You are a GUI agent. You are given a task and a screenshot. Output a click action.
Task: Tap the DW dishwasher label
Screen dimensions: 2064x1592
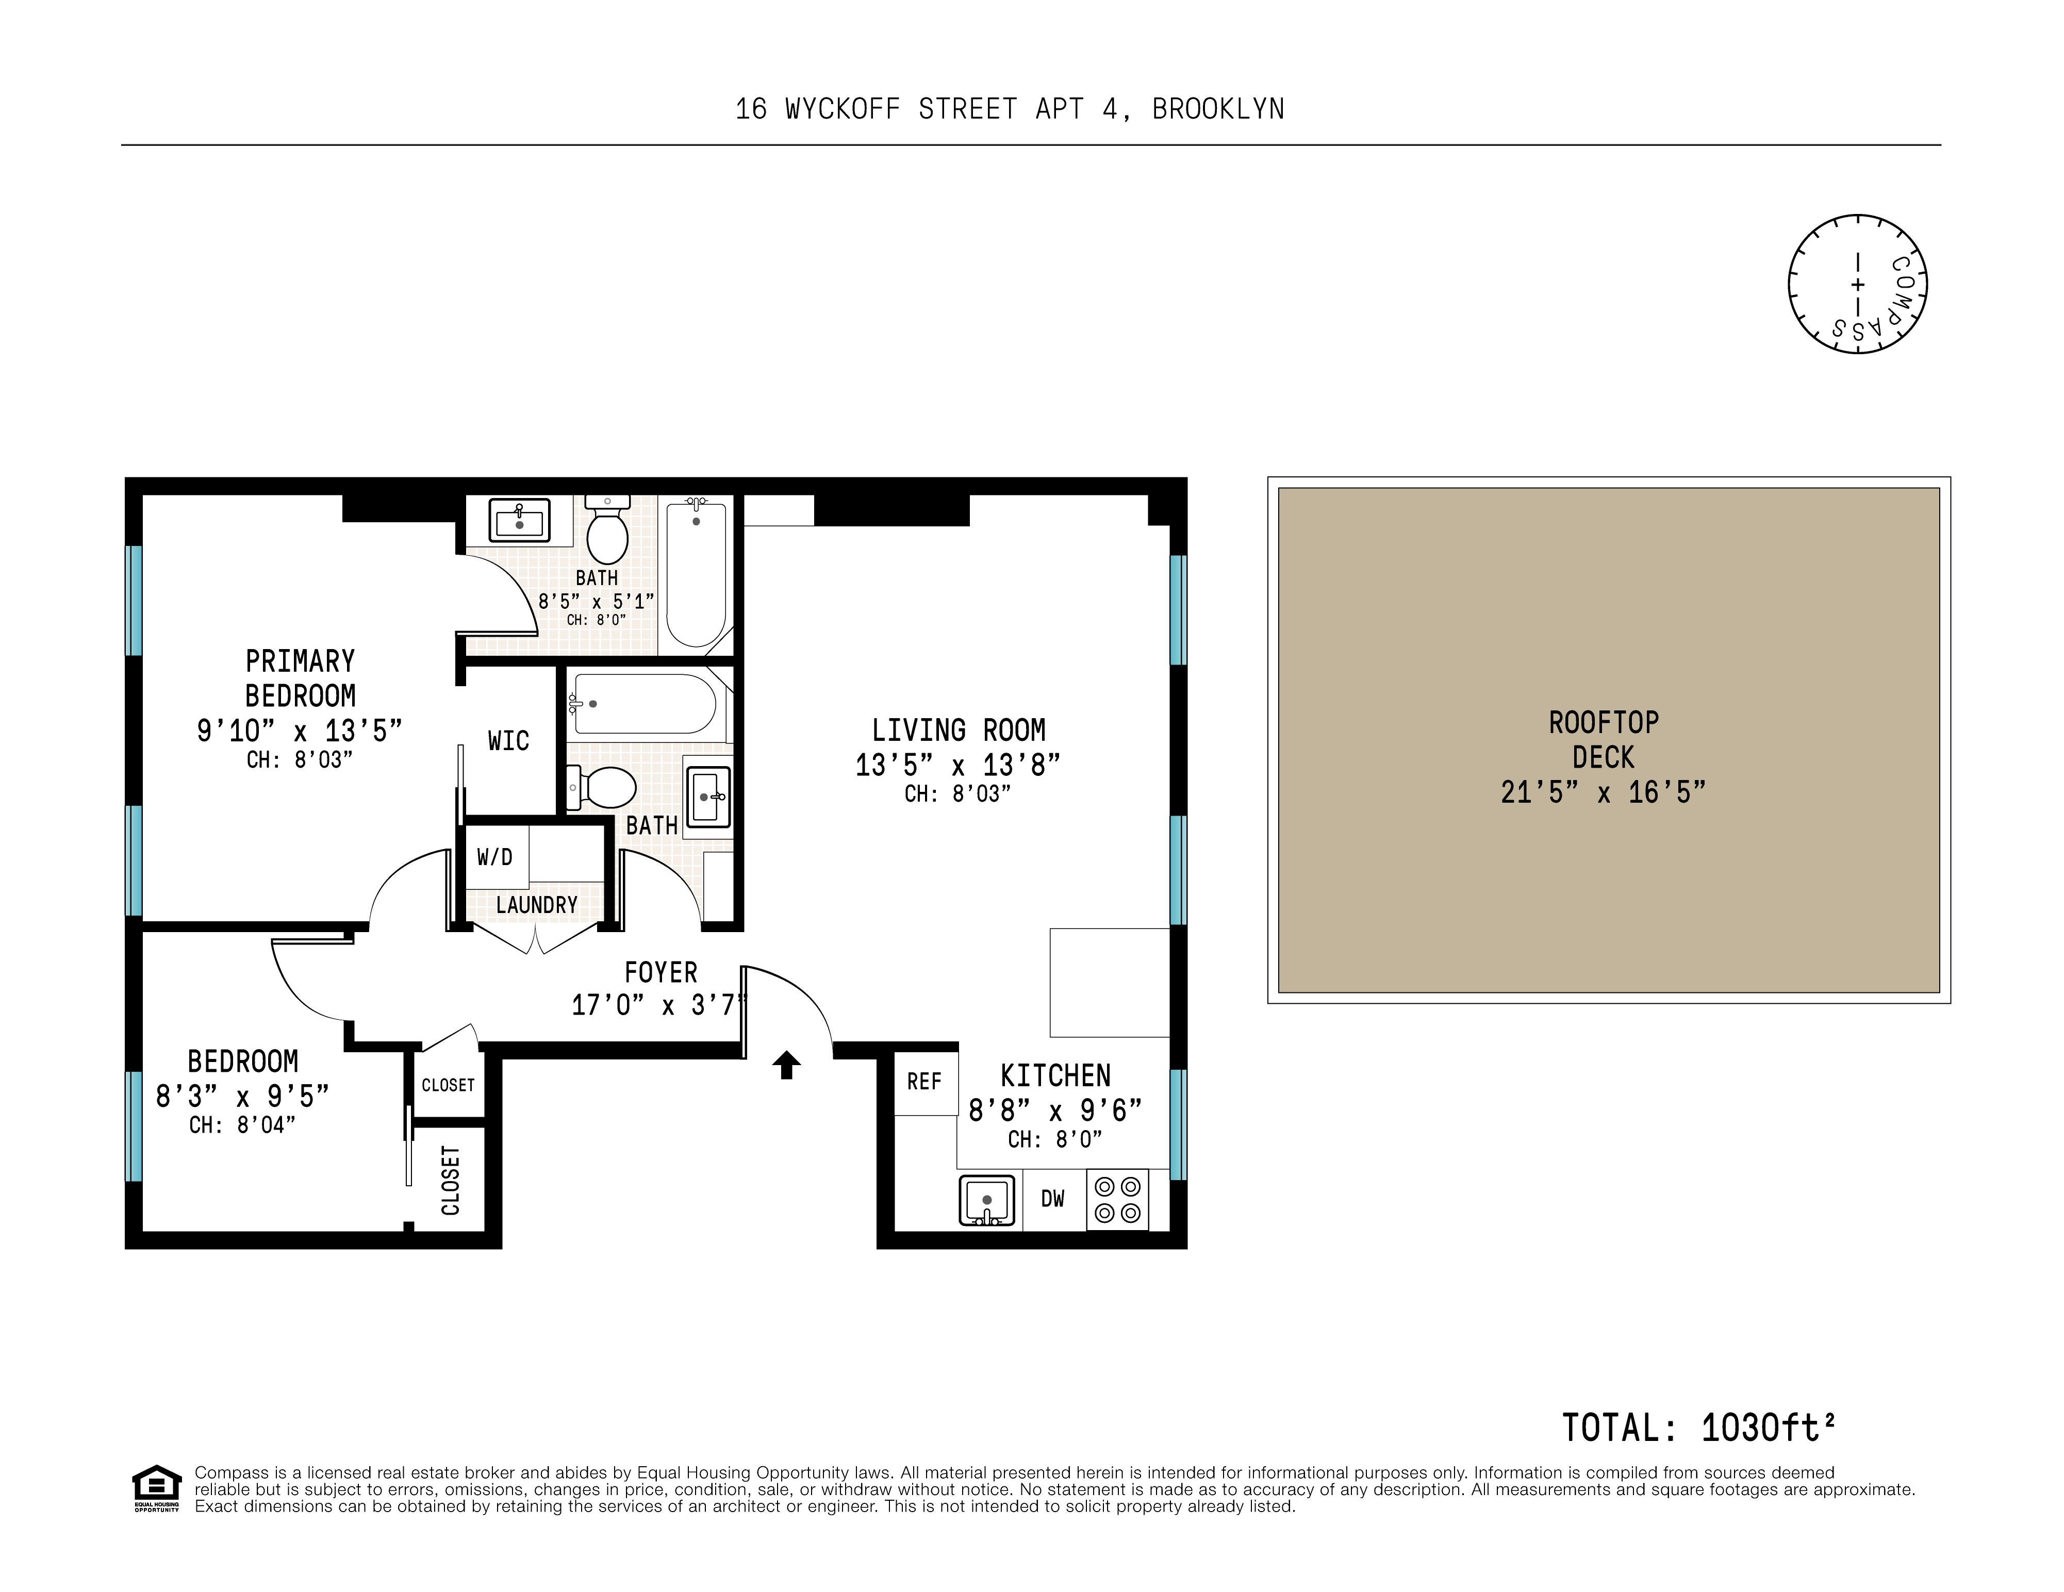(1053, 1199)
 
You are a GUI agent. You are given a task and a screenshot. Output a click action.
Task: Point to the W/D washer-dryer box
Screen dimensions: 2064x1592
(495, 857)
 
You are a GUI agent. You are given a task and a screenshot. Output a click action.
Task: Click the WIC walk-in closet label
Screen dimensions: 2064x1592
(508, 741)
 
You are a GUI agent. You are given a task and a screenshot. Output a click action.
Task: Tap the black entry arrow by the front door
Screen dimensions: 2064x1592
(786, 1065)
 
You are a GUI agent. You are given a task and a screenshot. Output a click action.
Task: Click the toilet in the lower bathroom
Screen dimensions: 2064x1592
(601, 788)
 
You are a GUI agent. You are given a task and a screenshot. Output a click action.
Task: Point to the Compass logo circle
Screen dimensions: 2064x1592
(1857, 285)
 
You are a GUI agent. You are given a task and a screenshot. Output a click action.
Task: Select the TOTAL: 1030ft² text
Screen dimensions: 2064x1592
(1698, 1428)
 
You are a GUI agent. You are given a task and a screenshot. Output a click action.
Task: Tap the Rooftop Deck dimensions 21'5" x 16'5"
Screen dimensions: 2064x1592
(1604, 792)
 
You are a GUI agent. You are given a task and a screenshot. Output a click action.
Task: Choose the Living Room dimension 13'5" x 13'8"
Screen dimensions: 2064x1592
(959, 765)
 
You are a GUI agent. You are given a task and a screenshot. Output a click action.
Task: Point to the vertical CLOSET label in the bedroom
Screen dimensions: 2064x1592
(451, 1180)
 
